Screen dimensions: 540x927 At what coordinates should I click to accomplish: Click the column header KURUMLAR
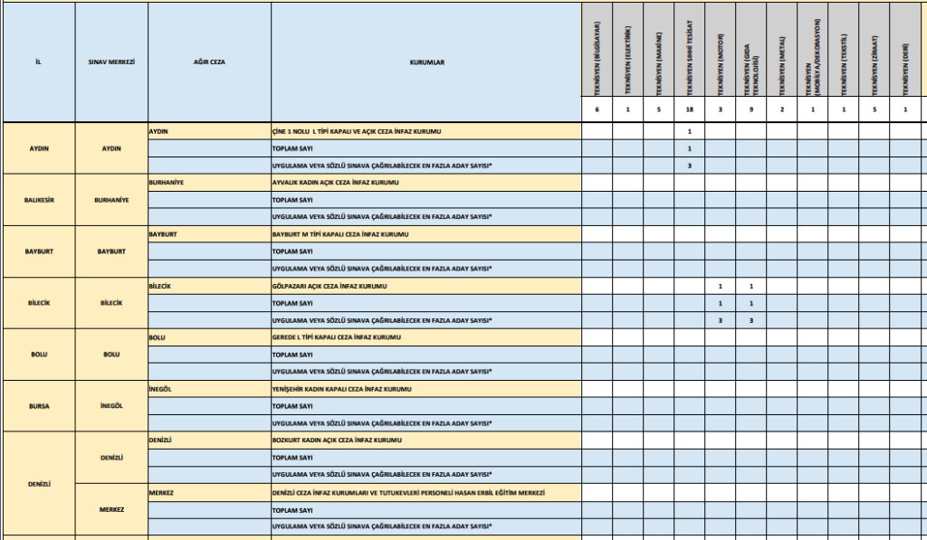coord(425,63)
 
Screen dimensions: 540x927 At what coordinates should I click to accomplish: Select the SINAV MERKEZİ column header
coord(110,63)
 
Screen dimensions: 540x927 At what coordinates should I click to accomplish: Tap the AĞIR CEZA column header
coord(208,63)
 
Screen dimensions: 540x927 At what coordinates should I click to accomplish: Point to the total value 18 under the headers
coord(689,109)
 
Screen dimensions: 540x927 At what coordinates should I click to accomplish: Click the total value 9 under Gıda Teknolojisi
coord(750,109)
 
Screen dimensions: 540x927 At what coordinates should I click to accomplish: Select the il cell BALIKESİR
coord(38,199)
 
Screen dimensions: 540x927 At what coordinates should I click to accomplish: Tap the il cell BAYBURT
coord(38,251)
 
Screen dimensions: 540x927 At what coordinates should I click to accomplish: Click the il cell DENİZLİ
coord(38,484)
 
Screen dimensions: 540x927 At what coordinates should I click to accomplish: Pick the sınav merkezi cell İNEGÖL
coord(110,406)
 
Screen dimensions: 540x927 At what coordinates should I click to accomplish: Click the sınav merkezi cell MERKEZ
coord(110,509)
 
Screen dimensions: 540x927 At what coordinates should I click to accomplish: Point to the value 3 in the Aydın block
coord(689,166)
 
